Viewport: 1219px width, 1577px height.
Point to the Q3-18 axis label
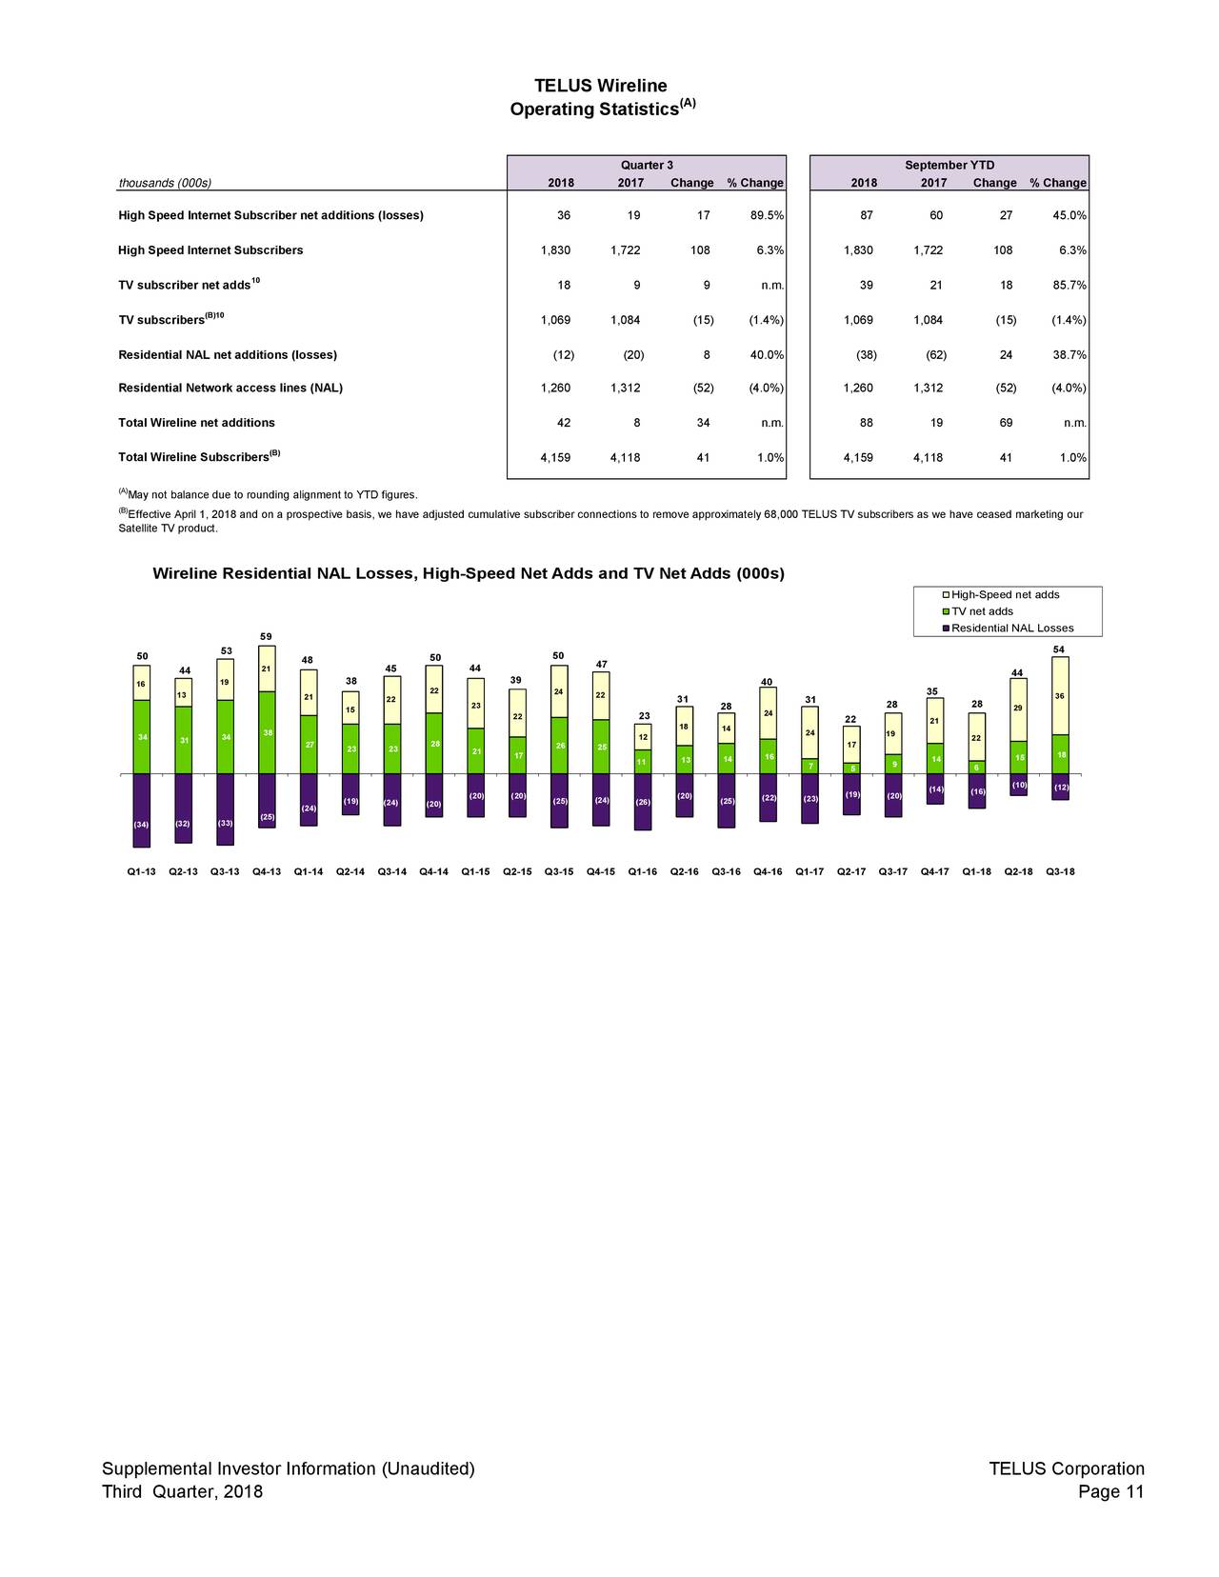(x=1060, y=871)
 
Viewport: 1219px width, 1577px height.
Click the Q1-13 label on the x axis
(x=141, y=871)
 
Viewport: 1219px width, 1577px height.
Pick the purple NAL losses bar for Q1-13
(x=142, y=809)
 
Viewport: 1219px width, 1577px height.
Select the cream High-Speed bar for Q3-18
(x=1060, y=695)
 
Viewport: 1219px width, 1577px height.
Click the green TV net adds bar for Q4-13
(x=267, y=732)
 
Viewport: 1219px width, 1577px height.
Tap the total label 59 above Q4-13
(x=267, y=637)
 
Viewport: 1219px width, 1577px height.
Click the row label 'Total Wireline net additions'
(x=196, y=423)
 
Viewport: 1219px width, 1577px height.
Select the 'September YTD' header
(x=949, y=166)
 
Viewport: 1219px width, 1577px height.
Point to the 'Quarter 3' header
(x=647, y=166)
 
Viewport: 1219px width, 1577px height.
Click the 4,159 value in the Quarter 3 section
(x=555, y=458)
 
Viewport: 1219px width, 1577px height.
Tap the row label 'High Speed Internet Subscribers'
(x=210, y=250)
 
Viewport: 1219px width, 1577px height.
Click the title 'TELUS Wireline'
(x=600, y=87)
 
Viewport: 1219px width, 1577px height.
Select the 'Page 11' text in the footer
(x=1110, y=1491)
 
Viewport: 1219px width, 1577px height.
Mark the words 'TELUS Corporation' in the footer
(x=1066, y=1468)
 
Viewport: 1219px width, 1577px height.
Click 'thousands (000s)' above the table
(x=165, y=184)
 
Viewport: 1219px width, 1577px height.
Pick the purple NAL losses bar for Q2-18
(x=1018, y=785)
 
